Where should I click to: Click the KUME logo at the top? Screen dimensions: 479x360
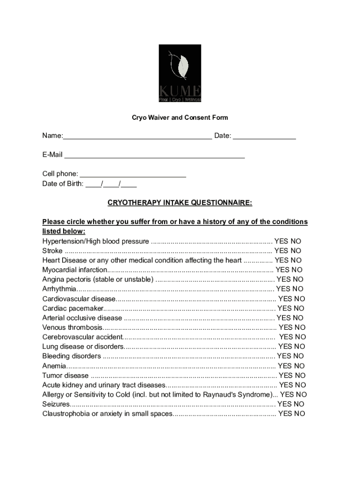180,73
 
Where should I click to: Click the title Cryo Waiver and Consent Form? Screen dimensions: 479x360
180,117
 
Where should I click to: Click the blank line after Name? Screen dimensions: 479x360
137,136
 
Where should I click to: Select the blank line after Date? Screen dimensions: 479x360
264,136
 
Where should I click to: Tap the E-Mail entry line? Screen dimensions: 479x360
154,155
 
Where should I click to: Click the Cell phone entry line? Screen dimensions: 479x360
133,174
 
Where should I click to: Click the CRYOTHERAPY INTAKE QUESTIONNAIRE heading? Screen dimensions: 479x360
180,203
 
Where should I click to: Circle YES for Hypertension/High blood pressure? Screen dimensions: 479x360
281,241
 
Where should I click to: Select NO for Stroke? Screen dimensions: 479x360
296,251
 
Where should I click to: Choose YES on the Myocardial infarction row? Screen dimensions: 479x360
283,270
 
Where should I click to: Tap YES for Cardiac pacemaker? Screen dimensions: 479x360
284,308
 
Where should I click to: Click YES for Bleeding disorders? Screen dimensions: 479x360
284,356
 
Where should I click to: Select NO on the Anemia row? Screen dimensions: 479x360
299,366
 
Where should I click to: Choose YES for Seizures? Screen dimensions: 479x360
284,404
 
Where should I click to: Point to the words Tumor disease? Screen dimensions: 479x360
65,376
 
